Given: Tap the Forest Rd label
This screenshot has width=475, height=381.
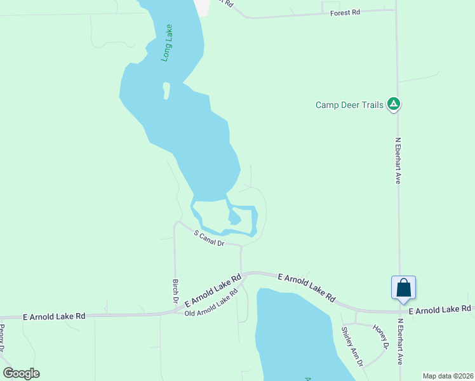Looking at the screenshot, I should click(x=345, y=12).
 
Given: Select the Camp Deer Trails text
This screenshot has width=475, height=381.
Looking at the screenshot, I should click(x=349, y=105).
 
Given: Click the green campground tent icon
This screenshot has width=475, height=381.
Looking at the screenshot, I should click(x=394, y=104).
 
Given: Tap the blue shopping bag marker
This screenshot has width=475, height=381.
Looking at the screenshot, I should click(x=403, y=288).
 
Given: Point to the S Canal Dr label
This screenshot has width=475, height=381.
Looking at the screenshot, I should click(x=210, y=238).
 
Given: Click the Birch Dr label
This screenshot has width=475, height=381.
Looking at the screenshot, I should click(x=175, y=290).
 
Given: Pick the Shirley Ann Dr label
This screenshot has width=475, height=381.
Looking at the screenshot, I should click(x=352, y=347).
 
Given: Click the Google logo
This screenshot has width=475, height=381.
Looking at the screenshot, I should click(x=21, y=373).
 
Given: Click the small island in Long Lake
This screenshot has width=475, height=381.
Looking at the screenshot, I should click(x=166, y=90).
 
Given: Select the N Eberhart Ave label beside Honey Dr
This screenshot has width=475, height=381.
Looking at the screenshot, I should click(x=400, y=340).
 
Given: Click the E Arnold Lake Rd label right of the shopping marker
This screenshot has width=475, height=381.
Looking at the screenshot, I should click(x=440, y=309).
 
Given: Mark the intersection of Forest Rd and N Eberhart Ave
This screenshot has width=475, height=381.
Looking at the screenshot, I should click(x=396, y=10).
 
